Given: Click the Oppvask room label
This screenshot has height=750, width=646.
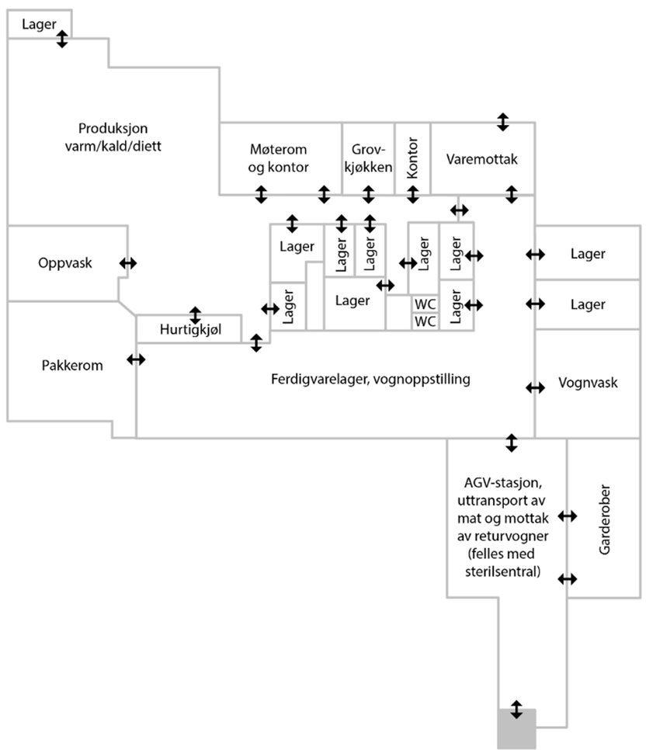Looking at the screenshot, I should coord(65,262).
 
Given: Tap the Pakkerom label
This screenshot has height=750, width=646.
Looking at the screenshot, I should coord(72,364).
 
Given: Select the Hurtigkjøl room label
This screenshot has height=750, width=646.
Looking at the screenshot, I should coord(191,330).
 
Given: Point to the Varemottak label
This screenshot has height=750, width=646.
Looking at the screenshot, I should coord(482,159).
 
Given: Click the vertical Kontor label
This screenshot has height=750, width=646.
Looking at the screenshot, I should coord(412,159).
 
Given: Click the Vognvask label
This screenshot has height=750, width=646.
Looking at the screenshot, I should coord(588,384).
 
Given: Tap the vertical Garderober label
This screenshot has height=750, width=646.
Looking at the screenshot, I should coord(606,520).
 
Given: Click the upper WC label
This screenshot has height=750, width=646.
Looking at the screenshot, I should coord(425,304).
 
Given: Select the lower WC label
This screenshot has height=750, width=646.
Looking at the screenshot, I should coord(425,321).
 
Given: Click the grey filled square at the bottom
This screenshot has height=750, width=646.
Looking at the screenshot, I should coord(516,731).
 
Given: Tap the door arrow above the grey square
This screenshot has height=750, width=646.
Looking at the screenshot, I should coord(516,709).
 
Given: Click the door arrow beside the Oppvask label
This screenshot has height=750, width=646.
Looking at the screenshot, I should coord(127,263).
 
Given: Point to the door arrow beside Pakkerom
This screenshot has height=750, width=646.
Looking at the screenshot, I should coord(136,359).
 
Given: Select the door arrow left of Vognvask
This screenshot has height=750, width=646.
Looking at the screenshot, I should coord(535,387).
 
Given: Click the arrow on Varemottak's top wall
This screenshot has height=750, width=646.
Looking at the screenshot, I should coord(503,121).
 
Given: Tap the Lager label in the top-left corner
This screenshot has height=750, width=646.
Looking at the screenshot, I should coord(39,24).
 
